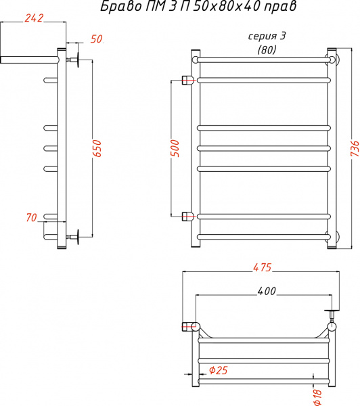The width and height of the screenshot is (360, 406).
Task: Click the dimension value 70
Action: (30, 217)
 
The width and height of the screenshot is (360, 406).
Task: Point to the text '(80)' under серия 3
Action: (267, 49)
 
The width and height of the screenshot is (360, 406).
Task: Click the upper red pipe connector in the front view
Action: (188, 81)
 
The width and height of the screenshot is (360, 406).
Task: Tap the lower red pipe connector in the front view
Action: (188, 217)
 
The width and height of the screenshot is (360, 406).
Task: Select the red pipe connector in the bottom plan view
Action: (188, 327)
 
